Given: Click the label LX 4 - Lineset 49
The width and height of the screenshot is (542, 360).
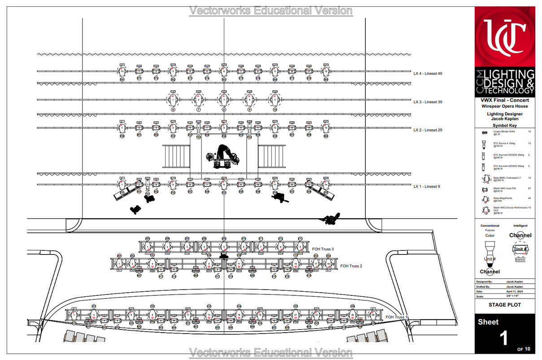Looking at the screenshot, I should [428, 73].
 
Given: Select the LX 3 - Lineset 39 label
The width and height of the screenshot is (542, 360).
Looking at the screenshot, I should [428, 102].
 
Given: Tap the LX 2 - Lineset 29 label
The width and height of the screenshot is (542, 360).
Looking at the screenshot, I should [428, 130].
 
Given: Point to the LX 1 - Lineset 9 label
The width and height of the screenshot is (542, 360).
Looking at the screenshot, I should [427, 186].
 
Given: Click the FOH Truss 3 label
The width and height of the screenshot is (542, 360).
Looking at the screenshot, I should [323, 249].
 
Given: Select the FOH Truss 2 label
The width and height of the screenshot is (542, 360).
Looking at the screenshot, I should [351, 266].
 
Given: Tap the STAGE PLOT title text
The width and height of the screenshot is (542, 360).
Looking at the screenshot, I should [505, 305].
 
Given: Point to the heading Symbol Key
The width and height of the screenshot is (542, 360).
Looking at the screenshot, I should [505, 125].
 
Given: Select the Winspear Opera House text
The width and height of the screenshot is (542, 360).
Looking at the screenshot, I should [505, 106].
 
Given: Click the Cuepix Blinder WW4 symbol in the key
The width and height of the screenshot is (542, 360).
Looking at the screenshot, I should [484, 133].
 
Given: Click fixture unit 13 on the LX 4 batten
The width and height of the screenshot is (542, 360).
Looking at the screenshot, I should [122, 71].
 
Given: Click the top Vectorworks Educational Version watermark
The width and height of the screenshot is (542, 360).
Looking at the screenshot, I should [271, 11].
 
